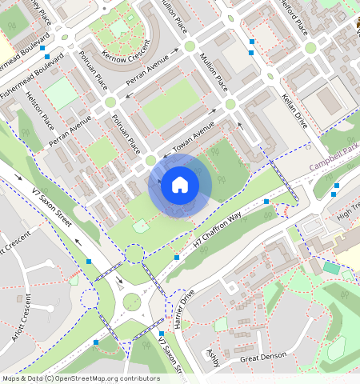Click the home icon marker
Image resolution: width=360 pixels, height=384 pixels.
[x=180, y=186]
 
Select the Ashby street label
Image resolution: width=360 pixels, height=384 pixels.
[x=212, y=359]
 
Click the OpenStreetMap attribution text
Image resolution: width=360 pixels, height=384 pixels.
[x=81, y=378]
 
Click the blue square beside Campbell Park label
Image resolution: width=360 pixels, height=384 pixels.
[x=336, y=186]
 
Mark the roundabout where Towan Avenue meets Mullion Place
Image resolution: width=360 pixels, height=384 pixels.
[x=230, y=105]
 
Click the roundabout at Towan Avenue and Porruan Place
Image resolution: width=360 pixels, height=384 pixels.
[x=150, y=162]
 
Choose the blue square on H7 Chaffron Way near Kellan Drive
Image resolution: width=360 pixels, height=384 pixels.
[x=266, y=202]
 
